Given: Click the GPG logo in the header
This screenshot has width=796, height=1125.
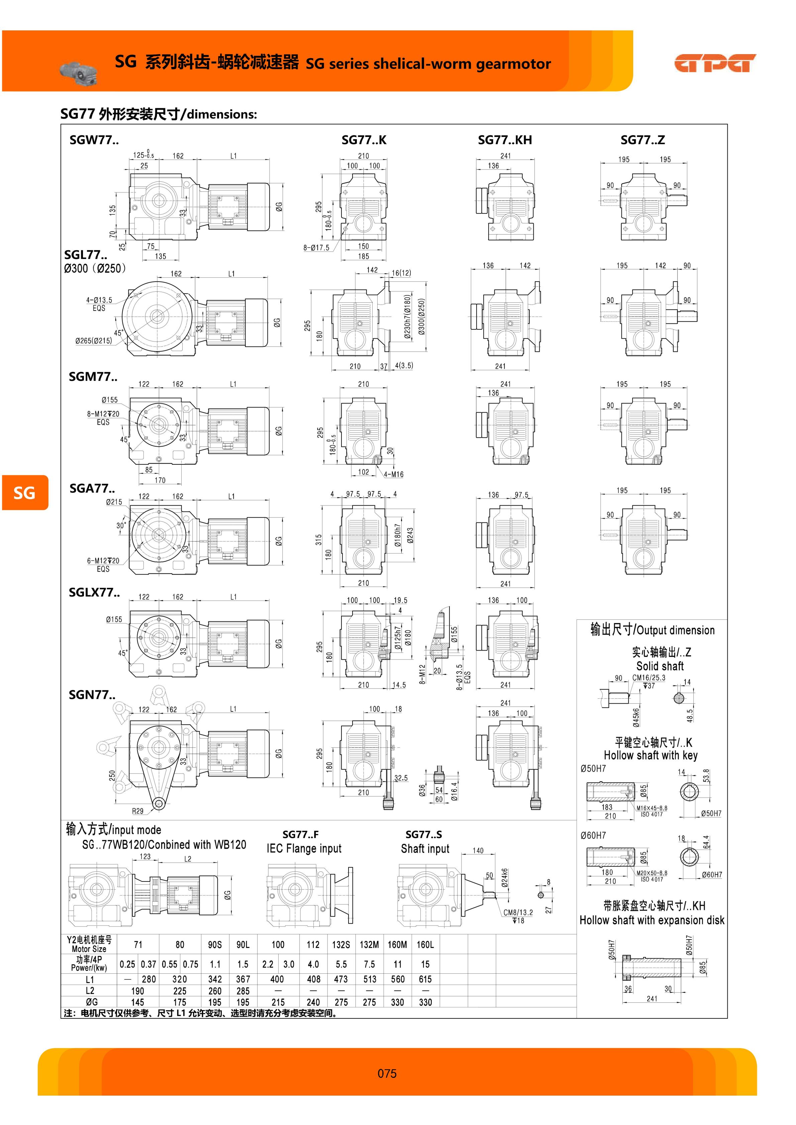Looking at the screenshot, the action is [715, 63].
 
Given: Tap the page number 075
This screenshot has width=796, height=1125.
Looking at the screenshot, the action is [387, 1073].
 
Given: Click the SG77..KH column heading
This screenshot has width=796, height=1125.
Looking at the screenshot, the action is [505, 140].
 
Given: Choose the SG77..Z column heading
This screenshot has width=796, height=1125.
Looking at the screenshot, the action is [642, 140].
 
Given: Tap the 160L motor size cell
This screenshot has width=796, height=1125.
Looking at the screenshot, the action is [425, 944].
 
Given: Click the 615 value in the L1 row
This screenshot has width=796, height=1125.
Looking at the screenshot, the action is [425, 979].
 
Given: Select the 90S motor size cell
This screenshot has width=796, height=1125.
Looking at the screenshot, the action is [215, 944].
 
